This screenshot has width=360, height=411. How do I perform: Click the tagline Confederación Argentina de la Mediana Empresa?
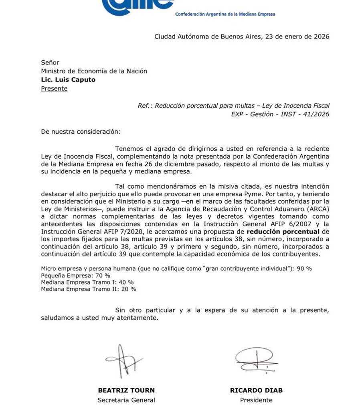(x=225, y=14)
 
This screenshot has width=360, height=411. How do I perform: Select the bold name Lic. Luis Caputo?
(x=68, y=80)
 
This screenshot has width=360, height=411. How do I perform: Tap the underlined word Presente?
(x=54, y=89)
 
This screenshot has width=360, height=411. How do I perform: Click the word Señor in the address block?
(x=50, y=63)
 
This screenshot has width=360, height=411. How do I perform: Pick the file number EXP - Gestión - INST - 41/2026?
(x=280, y=114)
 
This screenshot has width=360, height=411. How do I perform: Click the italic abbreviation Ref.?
(x=145, y=106)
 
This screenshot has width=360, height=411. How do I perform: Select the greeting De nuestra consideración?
(x=80, y=132)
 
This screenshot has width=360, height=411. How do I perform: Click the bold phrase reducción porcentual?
(x=283, y=232)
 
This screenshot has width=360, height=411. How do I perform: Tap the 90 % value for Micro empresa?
(x=304, y=269)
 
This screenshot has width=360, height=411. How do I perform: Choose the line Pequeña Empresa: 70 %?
(x=75, y=275)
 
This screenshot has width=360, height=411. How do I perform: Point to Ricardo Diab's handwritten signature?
(x=255, y=359)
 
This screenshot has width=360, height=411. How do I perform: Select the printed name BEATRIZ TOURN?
(x=126, y=390)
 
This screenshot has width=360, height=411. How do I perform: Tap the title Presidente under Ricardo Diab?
(x=256, y=400)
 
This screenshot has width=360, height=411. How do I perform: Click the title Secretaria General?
(x=126, y=400)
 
